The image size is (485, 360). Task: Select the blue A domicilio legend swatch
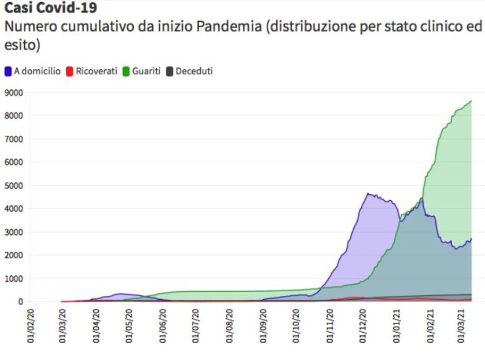point(8,71)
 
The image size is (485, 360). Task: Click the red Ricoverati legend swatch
point(70,71)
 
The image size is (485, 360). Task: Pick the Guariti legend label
point(146,71)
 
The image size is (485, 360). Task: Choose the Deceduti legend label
point(194,71)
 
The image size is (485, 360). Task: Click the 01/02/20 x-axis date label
point(30,325)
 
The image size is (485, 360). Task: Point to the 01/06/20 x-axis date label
point(162,325)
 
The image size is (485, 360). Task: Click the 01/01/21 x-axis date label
point(398,325)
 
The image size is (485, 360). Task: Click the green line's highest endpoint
point(472,101)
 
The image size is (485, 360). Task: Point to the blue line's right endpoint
point(472,239)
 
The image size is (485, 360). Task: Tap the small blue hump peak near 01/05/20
point(119,294)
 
